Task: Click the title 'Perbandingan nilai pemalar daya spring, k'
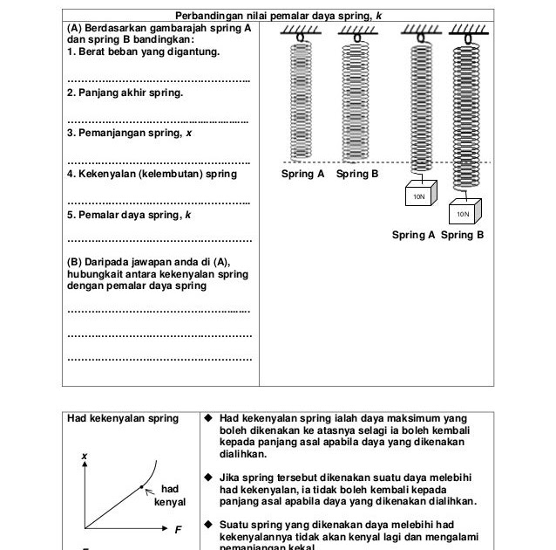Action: click(x=278, y=16)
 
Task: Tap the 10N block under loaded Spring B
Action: click(x=463, y=213)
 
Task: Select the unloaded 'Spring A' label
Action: click(x=302, y=175)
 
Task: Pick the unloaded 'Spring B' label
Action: click(x=357, y=175)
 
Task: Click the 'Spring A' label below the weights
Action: click(x=413, y=235)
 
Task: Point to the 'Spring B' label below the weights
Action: click(x=463, y=235)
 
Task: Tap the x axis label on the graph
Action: click(x=85, y=457)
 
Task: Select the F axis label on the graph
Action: click(x=178, y=529)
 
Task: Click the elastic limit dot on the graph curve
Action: click(x=140, y=485)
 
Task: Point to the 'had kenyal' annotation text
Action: click(x=171, y=496)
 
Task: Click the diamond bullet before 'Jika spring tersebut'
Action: click(x=208, y=478)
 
